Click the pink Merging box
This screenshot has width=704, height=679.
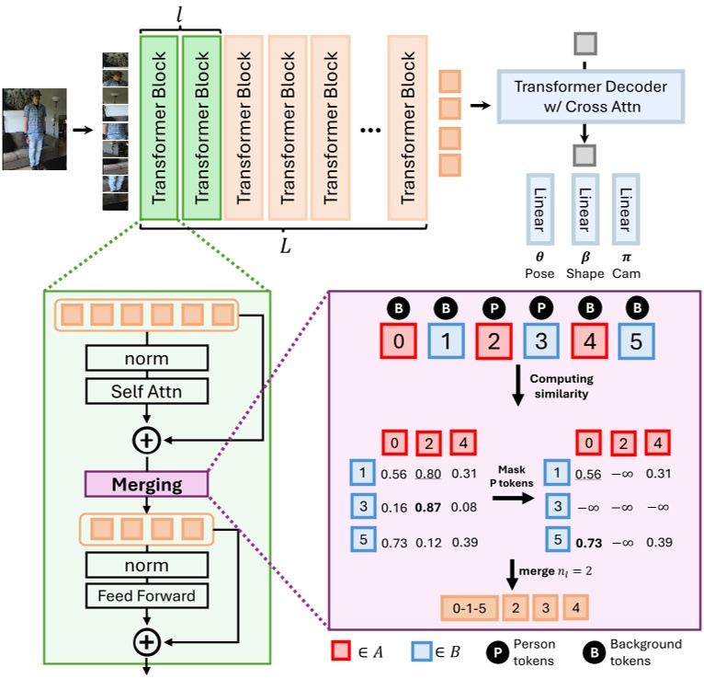(145, 485)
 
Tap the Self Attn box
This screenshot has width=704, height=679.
(145, 392)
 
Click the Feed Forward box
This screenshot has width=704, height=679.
(145, 595)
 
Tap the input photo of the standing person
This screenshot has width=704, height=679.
(34, 130)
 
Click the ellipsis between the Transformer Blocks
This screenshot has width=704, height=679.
(371, 131)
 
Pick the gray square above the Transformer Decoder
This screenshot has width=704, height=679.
(585, 42)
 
